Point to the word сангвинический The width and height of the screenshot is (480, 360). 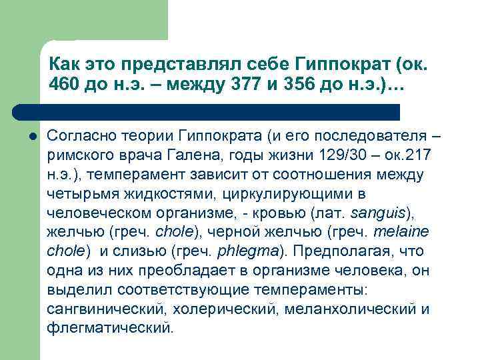click(x=106, y=309)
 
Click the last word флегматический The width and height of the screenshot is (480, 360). click(x=110, y=329)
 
